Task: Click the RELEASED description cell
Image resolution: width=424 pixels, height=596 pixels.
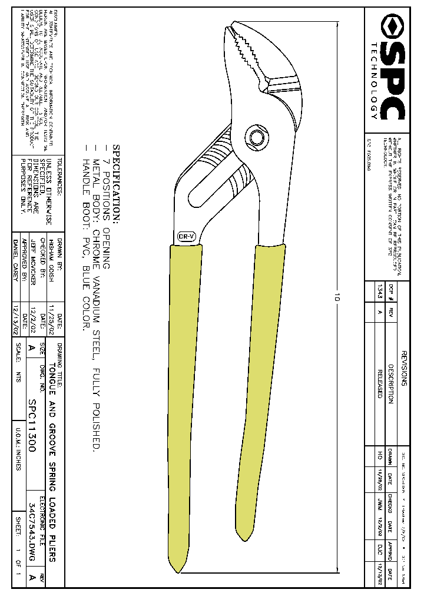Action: (379, 383)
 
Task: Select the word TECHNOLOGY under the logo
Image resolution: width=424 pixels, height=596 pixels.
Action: (375, 81)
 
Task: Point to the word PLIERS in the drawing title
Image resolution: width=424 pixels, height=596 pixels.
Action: (52, 547)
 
